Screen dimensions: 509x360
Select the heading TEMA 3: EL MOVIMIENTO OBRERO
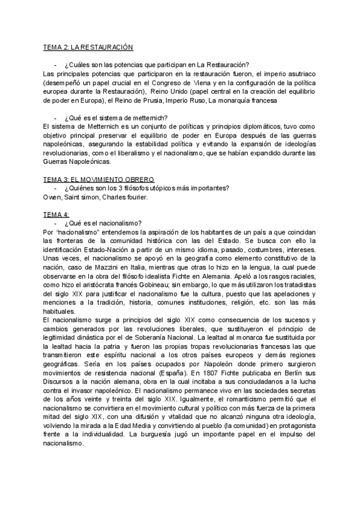[99, 179]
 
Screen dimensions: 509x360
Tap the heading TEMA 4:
[57, 213]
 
